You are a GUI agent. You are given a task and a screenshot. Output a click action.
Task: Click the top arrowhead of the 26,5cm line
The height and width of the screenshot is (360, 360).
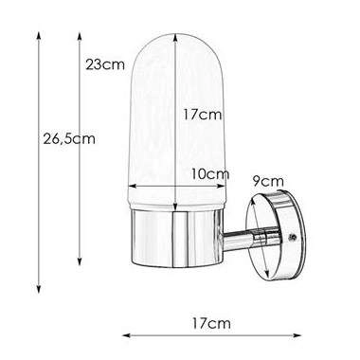click(x=39, y=30)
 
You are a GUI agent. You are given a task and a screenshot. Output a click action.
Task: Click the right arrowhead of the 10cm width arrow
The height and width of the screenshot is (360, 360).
click(x=228, y=187)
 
